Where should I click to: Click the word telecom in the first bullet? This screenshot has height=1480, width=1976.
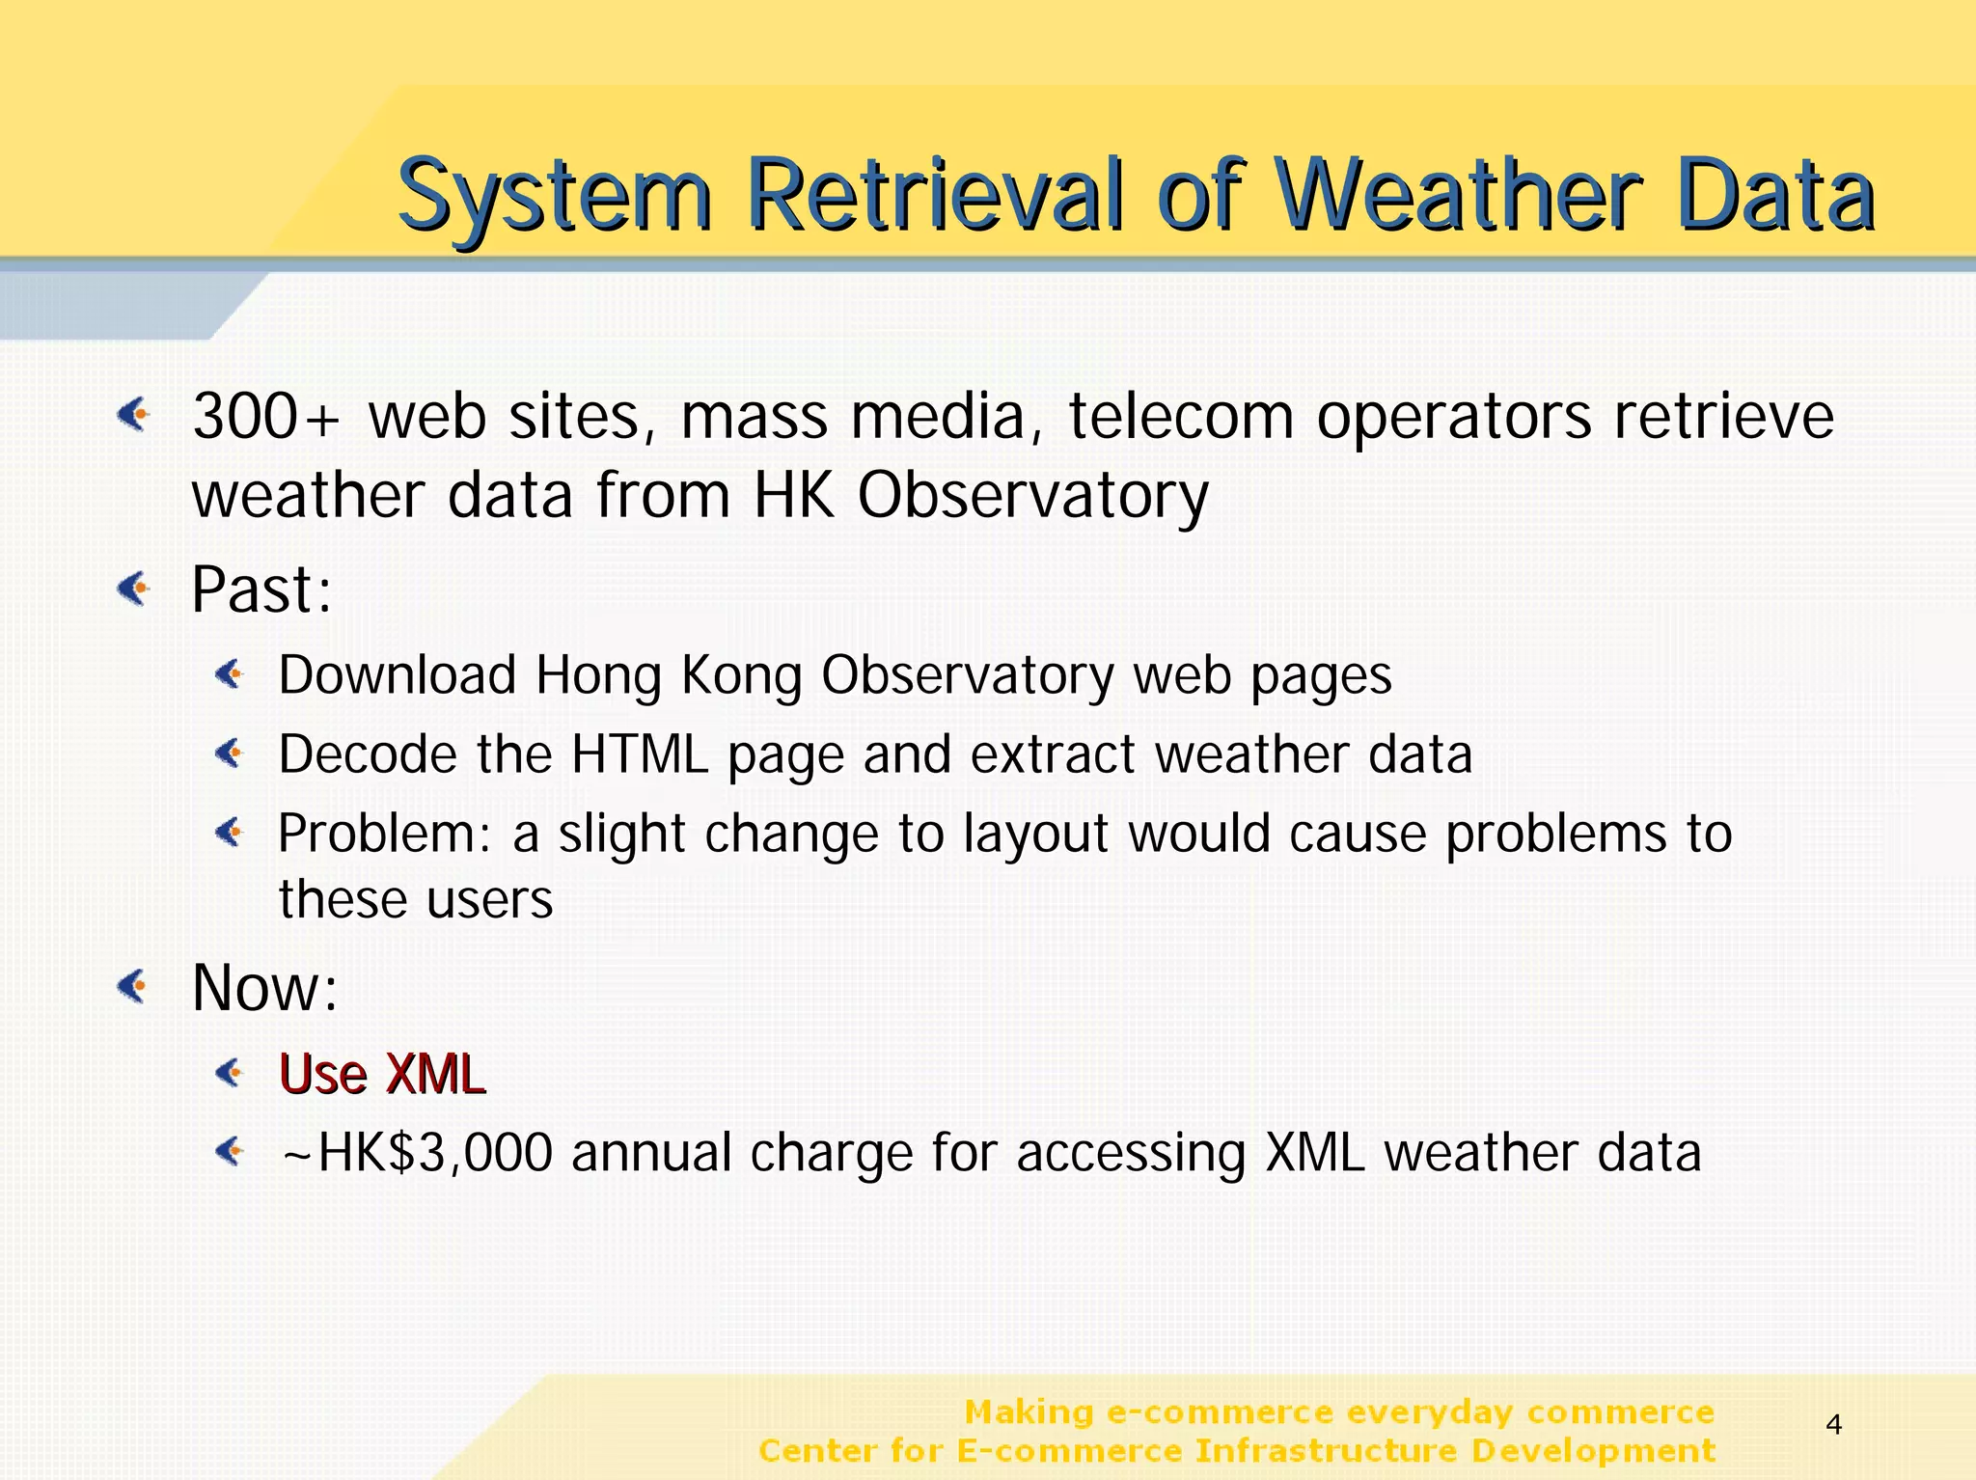1179,417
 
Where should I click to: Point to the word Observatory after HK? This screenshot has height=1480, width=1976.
1032,496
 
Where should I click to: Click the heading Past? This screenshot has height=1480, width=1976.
261,589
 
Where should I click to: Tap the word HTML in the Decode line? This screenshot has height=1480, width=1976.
640,754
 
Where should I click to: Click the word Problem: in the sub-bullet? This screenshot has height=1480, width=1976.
385,834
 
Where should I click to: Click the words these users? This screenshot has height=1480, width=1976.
416,899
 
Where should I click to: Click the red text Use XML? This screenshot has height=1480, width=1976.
382,1074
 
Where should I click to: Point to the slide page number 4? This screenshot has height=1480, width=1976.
1834,1424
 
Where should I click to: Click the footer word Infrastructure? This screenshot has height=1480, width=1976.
1326,1451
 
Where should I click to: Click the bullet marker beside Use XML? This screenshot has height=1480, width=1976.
230,1072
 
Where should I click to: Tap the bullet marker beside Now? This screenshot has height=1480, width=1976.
132,986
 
